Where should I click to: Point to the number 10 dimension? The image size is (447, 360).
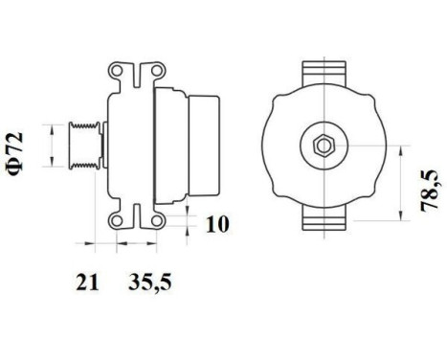coord(217,226)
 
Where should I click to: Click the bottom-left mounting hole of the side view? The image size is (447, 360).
coord(119,221)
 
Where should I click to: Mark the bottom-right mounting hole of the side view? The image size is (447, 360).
coord(149,221)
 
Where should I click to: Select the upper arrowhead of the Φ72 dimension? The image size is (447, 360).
coord(47,125)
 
